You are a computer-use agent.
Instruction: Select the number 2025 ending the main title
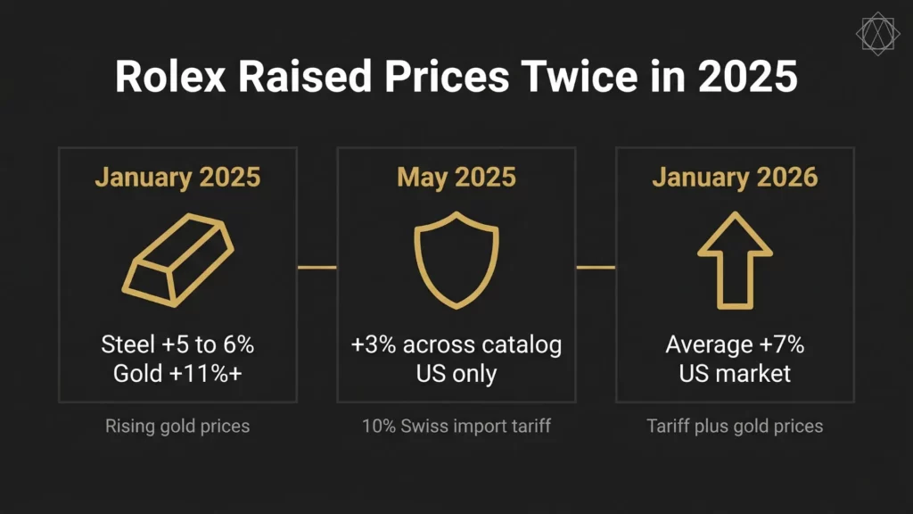747,78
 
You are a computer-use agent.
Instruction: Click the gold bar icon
177,261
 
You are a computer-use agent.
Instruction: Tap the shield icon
456,262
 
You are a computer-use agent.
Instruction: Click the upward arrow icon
734,261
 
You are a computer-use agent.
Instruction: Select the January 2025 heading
177,177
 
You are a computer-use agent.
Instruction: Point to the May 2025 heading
456,177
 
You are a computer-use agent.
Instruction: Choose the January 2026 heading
734,177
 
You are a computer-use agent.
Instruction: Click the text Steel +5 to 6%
177,344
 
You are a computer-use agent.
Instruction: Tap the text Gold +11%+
177,372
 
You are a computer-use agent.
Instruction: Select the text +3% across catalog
456,344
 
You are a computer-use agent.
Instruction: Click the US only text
456,372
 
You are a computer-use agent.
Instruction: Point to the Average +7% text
734,344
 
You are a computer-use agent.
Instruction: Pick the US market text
734,372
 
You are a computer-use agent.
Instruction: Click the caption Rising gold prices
177,426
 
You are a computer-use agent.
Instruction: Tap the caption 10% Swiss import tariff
456,426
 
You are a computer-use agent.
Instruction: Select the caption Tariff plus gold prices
734,426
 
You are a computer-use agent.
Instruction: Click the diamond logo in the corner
877,34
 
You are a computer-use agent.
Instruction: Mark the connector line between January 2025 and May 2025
317,267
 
